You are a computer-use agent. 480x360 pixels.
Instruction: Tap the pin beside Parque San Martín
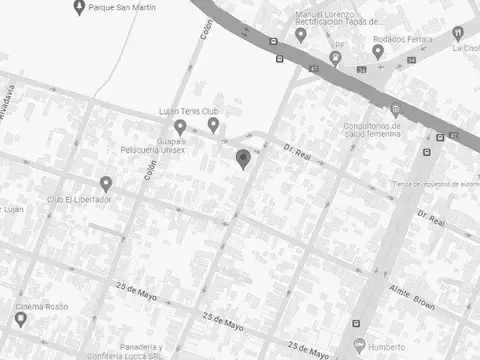(x=80, y=8)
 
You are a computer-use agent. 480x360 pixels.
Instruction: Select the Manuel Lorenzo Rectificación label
(x=339, y=18)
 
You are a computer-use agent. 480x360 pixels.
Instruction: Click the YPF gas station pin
(x=335, y=58)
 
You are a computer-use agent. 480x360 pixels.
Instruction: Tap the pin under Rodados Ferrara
(x=378, y=51)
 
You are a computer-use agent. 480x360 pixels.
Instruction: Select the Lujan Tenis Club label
(x=188, y=111)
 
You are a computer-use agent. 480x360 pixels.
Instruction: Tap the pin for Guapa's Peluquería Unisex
(x=180, y=127)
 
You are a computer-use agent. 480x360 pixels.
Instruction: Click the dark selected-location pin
(x=242, y=158)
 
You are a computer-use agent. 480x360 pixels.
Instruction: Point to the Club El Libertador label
(x=79, y=199)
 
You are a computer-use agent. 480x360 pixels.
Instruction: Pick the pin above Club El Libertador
(x=106, y=183)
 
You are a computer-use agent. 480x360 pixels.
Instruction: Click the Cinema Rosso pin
(x=20, y=319)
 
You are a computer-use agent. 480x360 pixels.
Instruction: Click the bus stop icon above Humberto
(x=357, y=323)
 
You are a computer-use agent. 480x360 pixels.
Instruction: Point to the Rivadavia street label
(x=9, y=102)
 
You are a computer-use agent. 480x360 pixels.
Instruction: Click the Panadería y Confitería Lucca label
(x=153, y=351)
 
